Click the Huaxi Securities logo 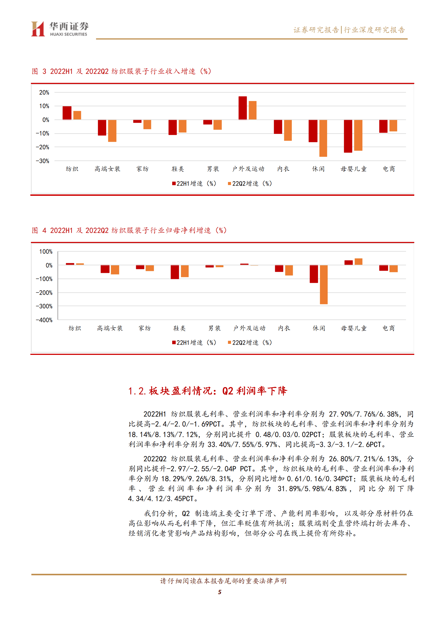60,29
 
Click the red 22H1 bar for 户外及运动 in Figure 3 243,108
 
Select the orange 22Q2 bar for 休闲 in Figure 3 323,138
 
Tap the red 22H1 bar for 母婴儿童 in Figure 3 348,136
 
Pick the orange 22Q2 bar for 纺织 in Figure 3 77,115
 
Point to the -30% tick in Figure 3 43,161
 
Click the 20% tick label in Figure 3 44,93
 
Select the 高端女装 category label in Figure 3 107,169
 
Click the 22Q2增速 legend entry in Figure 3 250,184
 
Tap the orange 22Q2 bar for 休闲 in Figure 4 324,284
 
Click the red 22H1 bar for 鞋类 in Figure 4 175,272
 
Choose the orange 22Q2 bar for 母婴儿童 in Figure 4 359,262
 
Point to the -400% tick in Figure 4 44,320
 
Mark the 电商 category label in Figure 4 389,328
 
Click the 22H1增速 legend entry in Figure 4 194,343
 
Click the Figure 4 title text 129,230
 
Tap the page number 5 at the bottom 220,592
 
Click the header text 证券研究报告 316,30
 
